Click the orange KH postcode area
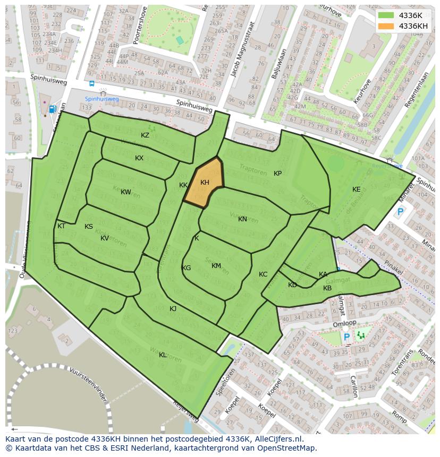pyautogui.click(x=204, y=183)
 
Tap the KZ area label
pyautogui.click(x=145, y=135)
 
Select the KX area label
pyautogui.click(x=139, y=158)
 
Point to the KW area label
pyautogui.click(x=126, y=192)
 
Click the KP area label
pyautogui.click(x=277, y=174)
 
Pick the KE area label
pyautogui.click(x=356, y=189)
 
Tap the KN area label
pyautogui.click(x=242, y=219)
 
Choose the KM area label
pyautogui.click(x=216, y=266)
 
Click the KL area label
pyautogui.click(x=163, y=355)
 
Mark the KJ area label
pyautogui.click(x=173, y=309)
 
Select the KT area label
pyautogui.click(x=61, y=226)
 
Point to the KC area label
pyautogui.click(x=263, y=274)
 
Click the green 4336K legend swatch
pyautogui.click(x=386, y=15)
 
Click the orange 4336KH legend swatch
pyautogui.click(x=386, y=26)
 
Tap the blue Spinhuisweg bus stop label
pyautogui.click(x=102, y=99)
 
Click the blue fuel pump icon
pyautogui.click(x=52, y=109)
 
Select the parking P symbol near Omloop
pyautogui.click(x=346, y=337)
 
